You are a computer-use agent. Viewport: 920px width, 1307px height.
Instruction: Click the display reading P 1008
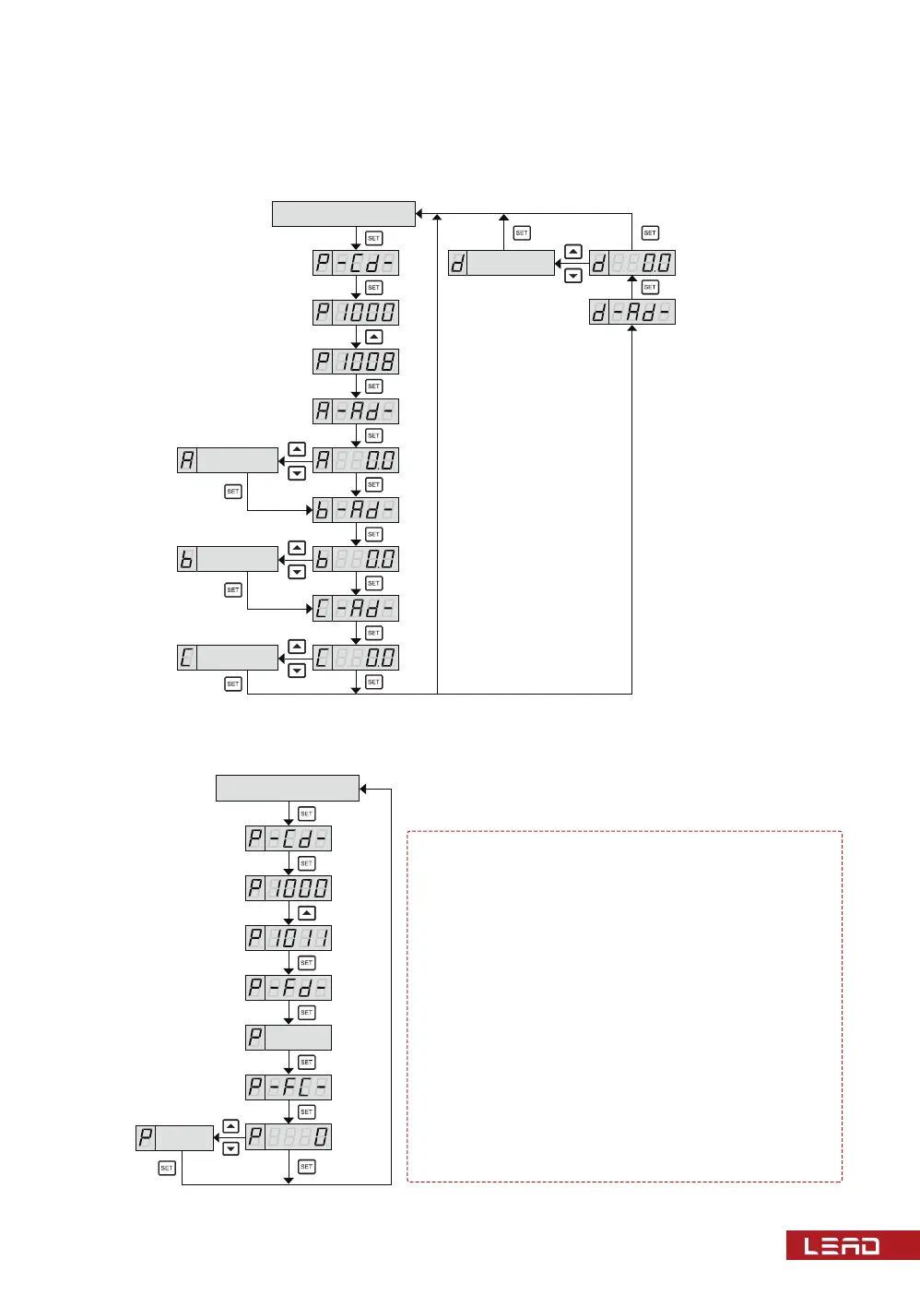pyautogui.click(x=356, y=362)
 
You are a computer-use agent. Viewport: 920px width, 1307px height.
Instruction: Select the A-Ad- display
pyautogui.click(x=356, y=410)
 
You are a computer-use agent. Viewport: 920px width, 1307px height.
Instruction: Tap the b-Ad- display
pyautogui.click(x=356, y=510)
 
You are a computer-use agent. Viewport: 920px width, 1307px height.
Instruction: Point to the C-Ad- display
pyautogui.click(x=356, y=609)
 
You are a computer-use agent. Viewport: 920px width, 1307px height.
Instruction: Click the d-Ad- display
pyautogui.click(x=632, y=313)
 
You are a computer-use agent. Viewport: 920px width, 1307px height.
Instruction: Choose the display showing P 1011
pyautogui.click(x=289, y=938)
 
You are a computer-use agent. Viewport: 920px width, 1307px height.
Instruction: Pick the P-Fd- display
pyautogui.click(x=289, y=988)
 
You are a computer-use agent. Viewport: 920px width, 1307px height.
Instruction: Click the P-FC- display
pyautogui.click(x=289, y=1087)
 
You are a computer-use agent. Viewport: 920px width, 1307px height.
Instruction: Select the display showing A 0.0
pyautogui.click(x=356, y=460)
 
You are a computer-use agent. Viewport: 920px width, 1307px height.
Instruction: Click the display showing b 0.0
pyautogui.click(x=356, y=559)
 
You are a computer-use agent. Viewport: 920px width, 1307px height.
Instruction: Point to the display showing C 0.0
pyautogui.click(x=356, y=658)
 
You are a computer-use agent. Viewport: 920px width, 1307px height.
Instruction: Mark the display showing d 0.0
pyautogui.click(x=632, y=263)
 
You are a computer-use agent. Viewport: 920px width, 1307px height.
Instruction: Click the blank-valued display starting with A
pyautogui.click(x=228, y=460)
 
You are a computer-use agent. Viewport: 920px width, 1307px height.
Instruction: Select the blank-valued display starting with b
pyautogui.click(x=228, y=559)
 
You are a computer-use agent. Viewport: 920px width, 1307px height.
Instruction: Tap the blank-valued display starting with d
pyautogui.click(x=501, y=263)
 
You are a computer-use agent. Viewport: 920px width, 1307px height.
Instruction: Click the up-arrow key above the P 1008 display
pyautogui.click(x=373, y=337)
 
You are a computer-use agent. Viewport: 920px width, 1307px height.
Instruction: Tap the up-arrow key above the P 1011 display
pyautogui.click(x=307, y=913)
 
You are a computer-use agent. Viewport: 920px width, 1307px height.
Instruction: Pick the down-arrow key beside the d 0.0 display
pyautogui.click(x=573, y=276)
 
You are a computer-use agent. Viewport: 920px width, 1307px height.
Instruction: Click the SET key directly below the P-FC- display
pyautogui.click(x=307, y=1112)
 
